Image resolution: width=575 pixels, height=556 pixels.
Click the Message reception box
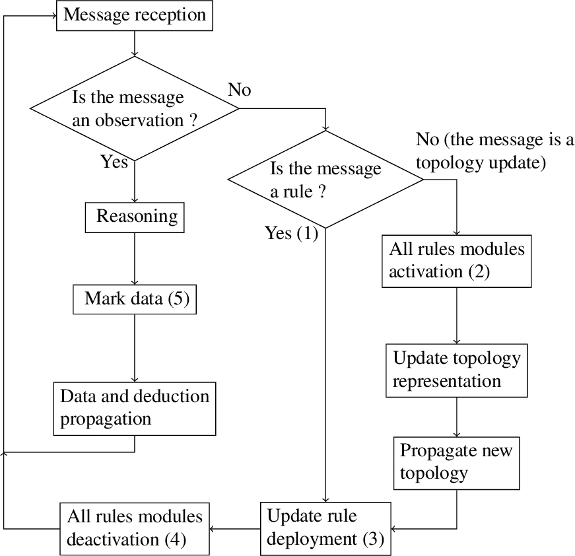135,15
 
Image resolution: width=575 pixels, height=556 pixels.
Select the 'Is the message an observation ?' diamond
135,108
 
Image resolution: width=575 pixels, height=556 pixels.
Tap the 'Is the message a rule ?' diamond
325,180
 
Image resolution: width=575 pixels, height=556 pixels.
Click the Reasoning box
135,217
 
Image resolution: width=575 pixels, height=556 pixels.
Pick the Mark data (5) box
135,299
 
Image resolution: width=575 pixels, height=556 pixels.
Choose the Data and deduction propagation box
135,409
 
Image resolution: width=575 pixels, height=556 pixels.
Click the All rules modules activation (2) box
457,261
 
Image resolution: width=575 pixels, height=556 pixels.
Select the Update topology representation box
457,370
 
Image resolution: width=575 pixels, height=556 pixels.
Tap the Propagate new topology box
457,463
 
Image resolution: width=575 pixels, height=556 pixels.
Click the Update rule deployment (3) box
325,529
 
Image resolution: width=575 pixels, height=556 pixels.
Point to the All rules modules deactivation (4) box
135,529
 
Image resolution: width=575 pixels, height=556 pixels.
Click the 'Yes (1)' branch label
292,233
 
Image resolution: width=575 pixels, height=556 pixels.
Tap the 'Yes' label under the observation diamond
114,162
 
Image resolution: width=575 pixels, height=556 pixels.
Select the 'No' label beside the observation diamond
240,90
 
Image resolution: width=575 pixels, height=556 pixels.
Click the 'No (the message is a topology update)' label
494,151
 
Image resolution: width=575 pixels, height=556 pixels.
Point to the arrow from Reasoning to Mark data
135,259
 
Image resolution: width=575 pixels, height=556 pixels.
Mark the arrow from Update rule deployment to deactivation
235,529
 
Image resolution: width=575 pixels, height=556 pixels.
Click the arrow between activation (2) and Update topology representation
457,316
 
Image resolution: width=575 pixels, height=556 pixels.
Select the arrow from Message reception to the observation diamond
135,44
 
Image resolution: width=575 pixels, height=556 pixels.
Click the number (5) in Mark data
179,299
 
